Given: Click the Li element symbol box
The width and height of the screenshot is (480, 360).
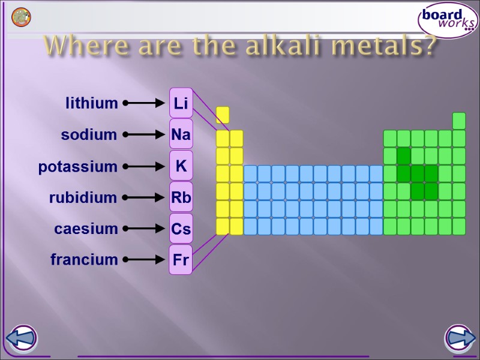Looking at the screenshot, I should pos(181,103).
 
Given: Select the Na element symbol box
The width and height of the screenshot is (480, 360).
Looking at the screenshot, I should pos(181,134).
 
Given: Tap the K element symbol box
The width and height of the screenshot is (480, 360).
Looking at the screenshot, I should pos(181,166).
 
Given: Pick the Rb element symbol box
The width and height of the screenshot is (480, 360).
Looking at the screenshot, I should pos(181,197).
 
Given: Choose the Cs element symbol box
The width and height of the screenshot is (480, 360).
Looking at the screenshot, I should pos(181,229).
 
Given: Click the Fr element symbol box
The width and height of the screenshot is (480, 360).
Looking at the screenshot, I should pos(181,260).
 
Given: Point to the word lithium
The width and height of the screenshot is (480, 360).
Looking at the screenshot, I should pos(92,103).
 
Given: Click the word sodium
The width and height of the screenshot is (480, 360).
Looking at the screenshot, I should pos(89,135).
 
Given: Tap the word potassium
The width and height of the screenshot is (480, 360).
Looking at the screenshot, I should pos(78,167).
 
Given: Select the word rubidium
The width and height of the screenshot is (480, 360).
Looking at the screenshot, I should pos(83,197).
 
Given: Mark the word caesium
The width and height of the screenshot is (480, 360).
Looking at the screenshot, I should pos(86,229).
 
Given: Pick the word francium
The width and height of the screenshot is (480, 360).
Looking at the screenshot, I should pos(84,260).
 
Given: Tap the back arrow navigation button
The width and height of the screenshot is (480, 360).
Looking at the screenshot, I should pos(22,339).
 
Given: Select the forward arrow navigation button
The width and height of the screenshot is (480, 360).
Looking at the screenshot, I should pos(459,339).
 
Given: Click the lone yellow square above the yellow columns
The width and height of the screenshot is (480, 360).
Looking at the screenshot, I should pos(223,115).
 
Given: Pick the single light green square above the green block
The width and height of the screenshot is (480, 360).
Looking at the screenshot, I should pos(459,121).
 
